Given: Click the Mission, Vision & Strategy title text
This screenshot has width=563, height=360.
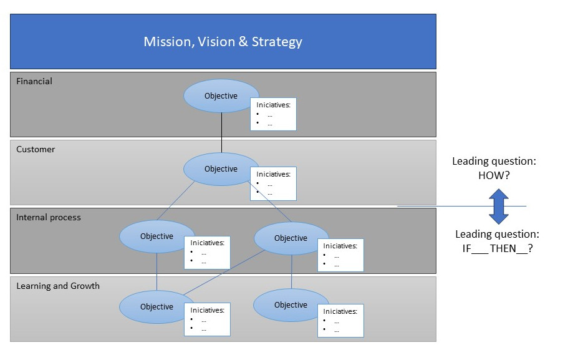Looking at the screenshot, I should click(x=223, y=42).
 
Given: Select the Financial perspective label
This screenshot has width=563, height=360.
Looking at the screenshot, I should click(x=34, y=81).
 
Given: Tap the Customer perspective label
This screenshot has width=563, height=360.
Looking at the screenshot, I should click(x=36, y=149).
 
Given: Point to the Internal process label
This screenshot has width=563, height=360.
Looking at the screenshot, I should click(x=49, y=217).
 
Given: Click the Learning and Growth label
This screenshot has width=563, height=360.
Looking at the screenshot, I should click(x=58, y=286).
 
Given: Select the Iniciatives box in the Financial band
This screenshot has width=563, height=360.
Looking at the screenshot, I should click(x=273, y=114).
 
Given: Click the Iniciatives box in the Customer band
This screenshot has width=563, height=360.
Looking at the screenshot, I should click(x=273, y=183).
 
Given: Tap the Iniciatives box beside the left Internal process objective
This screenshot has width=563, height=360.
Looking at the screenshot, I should click(x=207, y=252).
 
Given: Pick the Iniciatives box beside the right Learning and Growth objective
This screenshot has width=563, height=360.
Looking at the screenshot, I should click(x=340, y=321).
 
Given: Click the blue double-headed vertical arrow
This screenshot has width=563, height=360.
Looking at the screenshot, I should click(x=498, y=206).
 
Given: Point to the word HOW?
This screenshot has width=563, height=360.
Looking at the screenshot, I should click(x=494, y=175).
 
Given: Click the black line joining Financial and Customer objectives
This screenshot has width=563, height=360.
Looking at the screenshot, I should click(x=221, y=133).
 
